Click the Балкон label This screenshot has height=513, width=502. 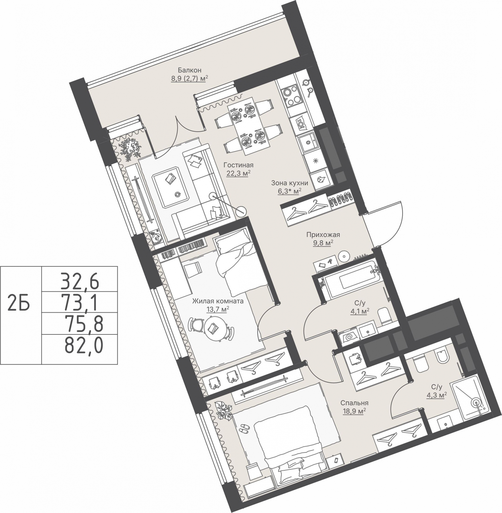click(189, 70)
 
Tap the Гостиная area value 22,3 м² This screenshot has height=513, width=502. click(238, 173)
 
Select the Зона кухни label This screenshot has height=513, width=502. click(289, 183)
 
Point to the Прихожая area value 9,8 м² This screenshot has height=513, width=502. click(323, 243)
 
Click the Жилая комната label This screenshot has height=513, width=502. click(218, 301)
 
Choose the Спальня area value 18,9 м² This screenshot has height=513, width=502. click(354, 411)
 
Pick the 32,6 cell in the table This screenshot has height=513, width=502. click(80, 281)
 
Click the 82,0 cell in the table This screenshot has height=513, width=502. click(84, 346)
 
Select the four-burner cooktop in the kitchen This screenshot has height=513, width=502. click(291, 96)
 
